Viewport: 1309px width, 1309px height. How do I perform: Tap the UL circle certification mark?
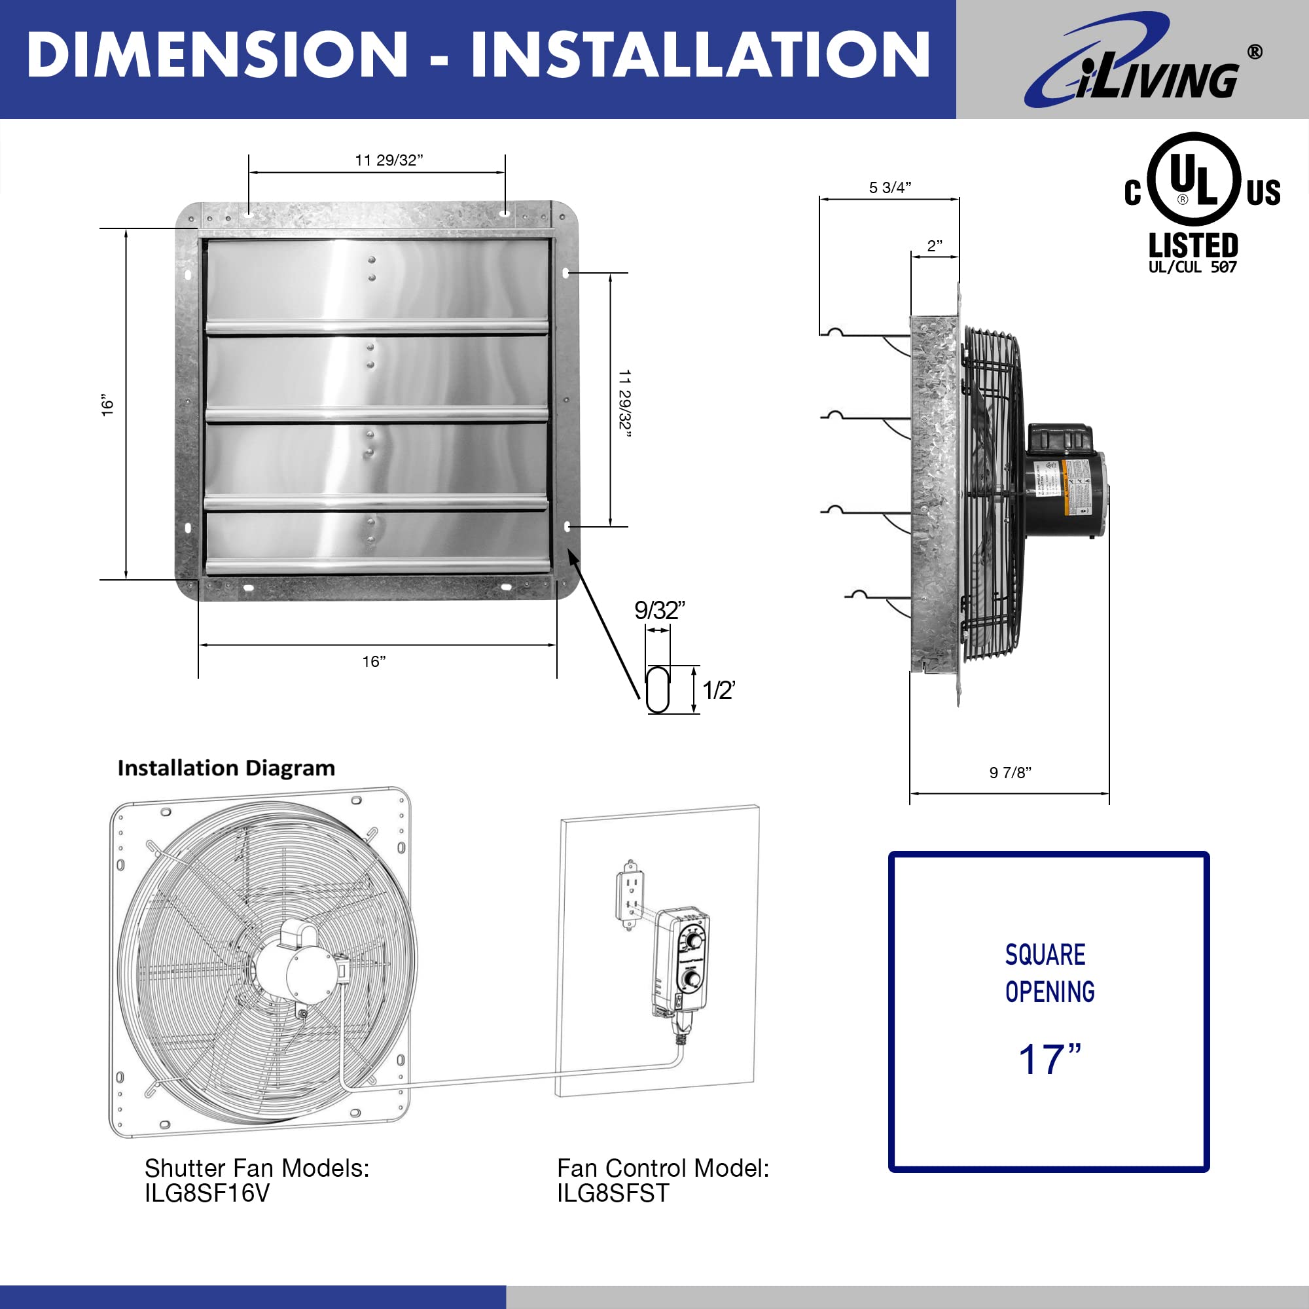pyautogui.click(x=1196, y=179)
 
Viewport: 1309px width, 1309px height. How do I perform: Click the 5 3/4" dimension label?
pyautogui.click(x=889, y=188)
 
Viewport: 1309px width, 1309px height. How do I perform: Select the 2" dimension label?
pyautogui.click(x=935, y=246)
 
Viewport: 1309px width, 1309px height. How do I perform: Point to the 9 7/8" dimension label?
pyautogui.click(x=1009, y=772)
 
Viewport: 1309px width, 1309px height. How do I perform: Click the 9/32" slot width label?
pyautogui.click(x=658, y=611)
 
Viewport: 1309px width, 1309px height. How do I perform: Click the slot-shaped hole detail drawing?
pyautogui.click(x=657, y=690)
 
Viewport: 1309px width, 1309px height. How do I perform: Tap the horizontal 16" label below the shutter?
pyautogui.click(x=373, y=661)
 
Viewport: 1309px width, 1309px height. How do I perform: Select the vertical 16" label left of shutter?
pyautogui.click(x=108, y=404)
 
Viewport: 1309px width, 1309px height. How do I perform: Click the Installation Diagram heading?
pyautogui.click(x=226, y=768)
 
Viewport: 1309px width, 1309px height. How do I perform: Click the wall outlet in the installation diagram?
pyautogui.click(x=631, y=896)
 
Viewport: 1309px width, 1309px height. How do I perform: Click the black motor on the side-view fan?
pyautogui.click(x=1064, y=484)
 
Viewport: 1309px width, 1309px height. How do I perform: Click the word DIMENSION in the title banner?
pyautogui.click(x=217, y=56)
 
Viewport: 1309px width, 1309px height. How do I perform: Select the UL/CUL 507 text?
pyautogui.click(x=1192, y=267)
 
